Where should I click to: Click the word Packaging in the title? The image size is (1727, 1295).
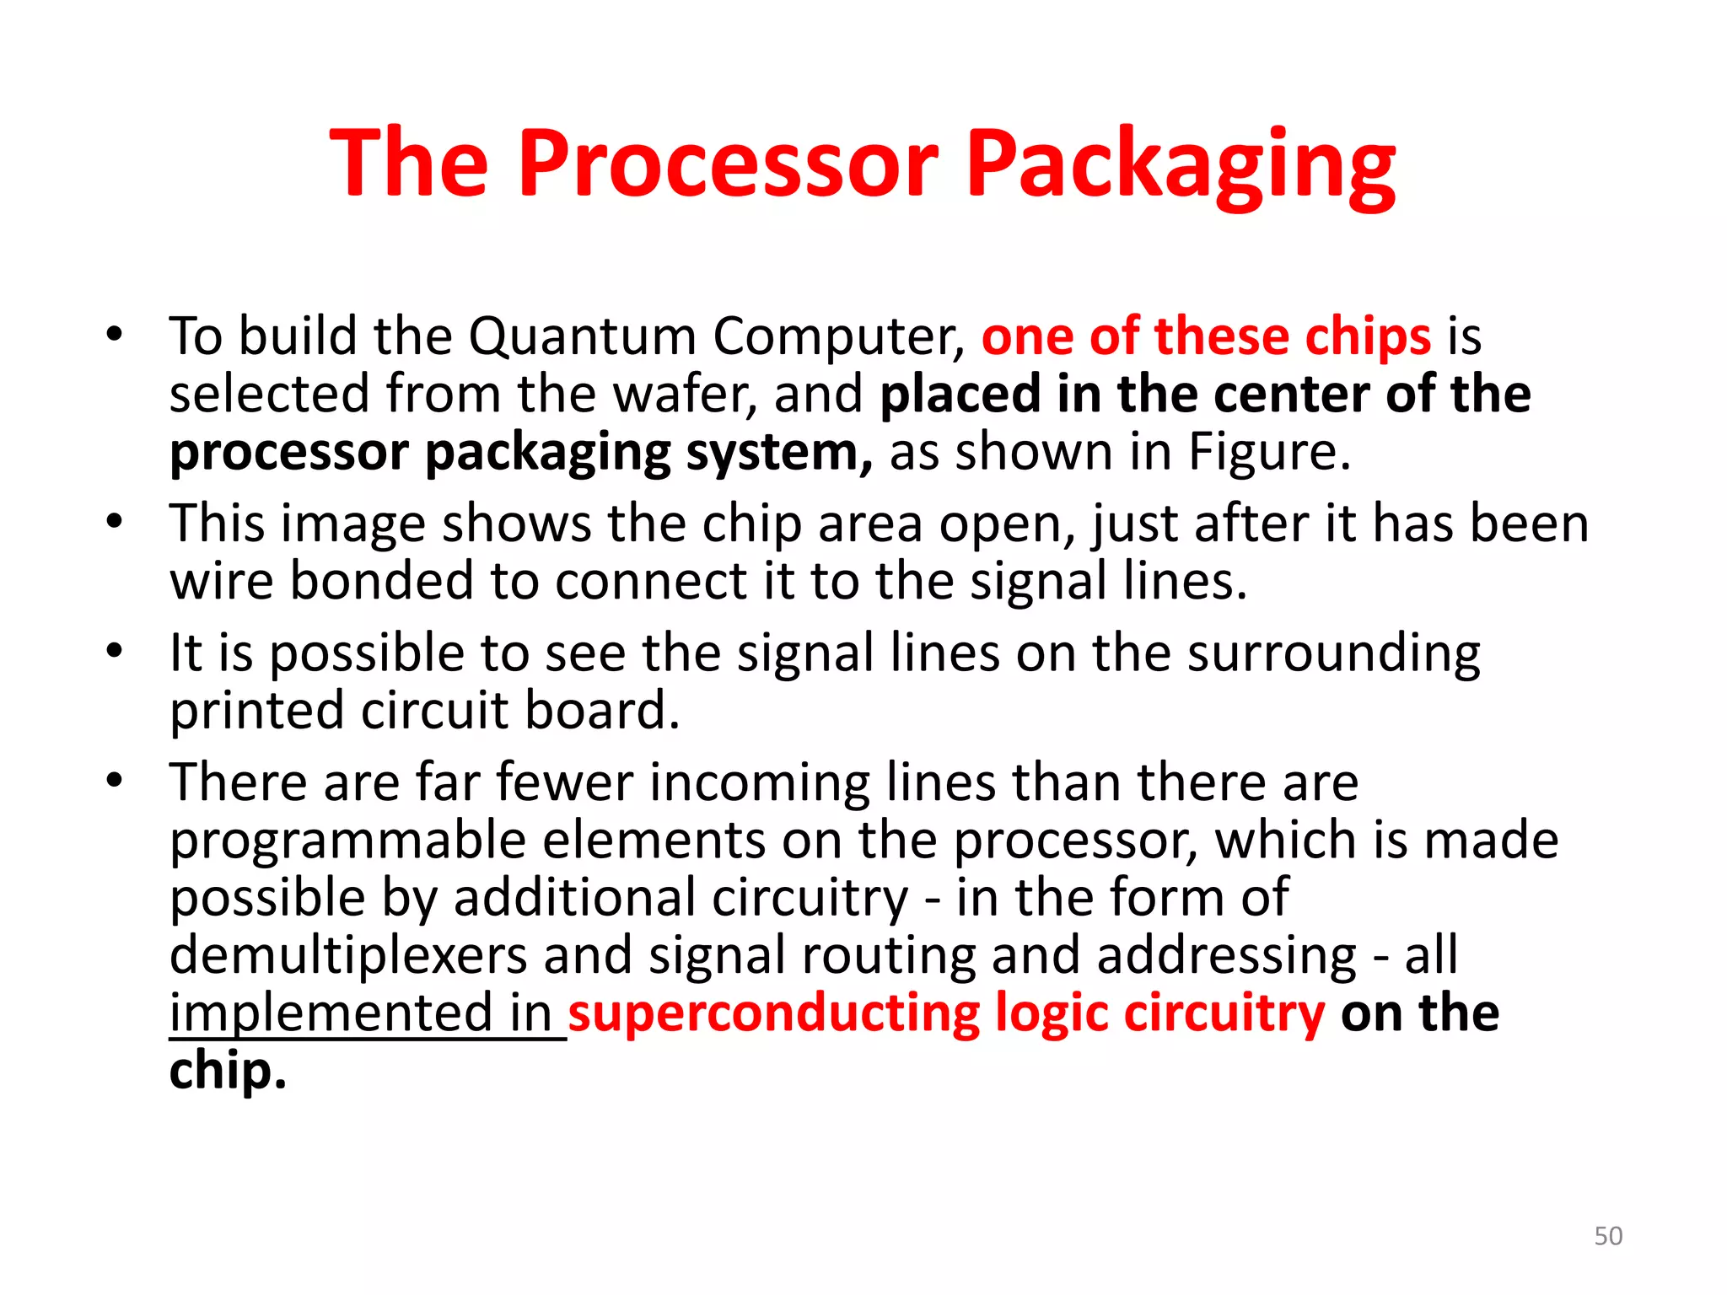1181,165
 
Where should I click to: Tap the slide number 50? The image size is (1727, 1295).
1608,1236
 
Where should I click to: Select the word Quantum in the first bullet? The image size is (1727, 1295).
582,336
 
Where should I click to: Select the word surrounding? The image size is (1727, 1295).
1333,654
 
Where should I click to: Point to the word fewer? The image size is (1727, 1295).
564,782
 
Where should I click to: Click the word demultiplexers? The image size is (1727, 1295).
347,955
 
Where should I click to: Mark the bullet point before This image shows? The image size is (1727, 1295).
115,522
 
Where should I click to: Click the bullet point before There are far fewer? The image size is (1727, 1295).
115,780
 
